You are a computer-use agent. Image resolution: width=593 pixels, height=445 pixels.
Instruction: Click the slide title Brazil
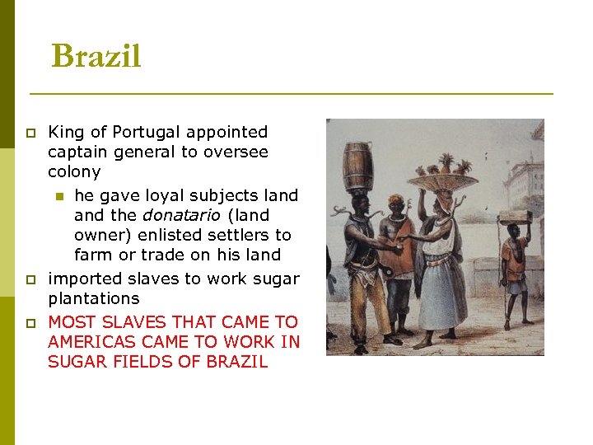click(96, 57)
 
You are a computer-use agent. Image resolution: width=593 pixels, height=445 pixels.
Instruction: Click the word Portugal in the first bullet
click(146, 132)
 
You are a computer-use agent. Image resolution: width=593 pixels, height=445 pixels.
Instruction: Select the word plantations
click(94, 298)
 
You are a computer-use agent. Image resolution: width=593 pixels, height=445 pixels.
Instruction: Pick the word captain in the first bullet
click(76, 152)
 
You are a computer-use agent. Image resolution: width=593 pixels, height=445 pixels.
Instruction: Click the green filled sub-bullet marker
click(58, 196)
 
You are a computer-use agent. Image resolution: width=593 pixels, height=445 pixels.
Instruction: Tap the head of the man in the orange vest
click(399, 207)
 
